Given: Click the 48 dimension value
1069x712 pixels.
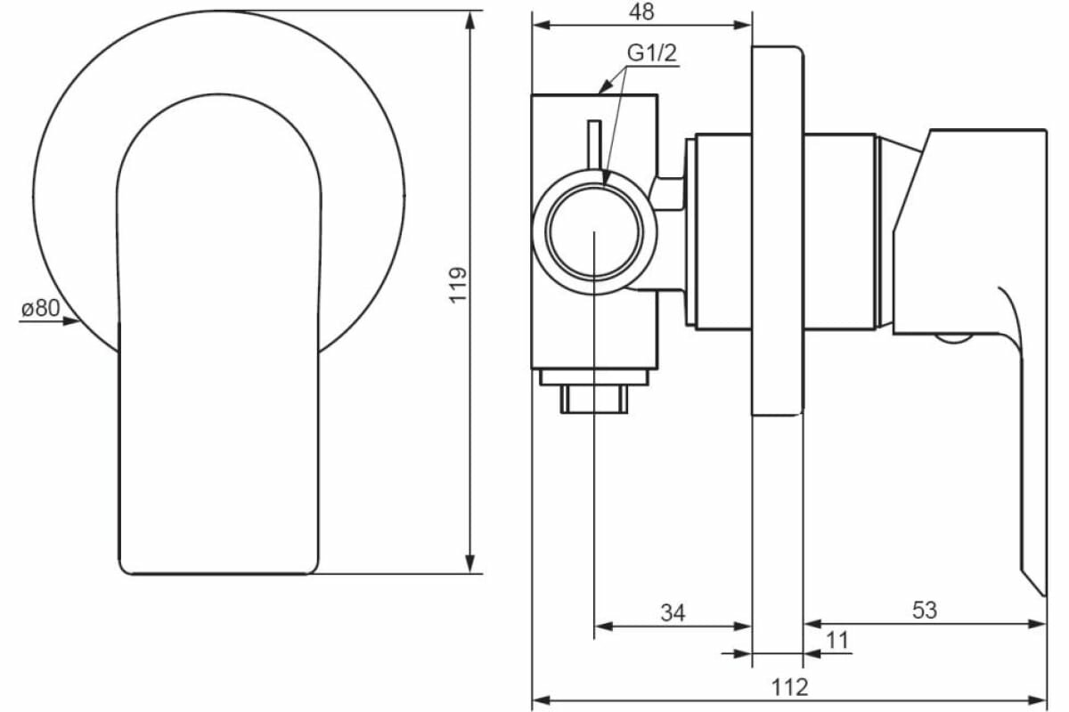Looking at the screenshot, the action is (641, 12).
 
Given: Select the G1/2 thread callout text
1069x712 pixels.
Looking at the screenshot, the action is (653, 53).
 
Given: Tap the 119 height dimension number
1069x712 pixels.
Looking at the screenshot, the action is (458, 285).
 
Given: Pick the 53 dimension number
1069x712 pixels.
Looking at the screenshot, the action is (925, 611).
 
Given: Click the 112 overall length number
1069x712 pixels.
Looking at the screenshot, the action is (789, 686).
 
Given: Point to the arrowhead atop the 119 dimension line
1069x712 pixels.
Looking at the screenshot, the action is (470, 18).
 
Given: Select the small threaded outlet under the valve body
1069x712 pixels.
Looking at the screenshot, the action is (594, 398).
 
